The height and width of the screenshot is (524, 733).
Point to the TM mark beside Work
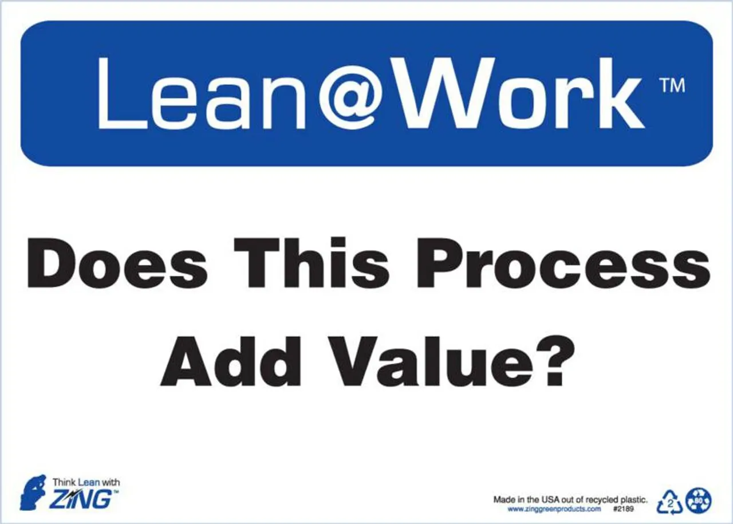tap(673, 86)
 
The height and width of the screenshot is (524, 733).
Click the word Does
tap(117, 265)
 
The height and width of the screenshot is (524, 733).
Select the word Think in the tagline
tap(64, 482)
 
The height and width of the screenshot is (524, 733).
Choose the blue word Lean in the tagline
tap(89, 482)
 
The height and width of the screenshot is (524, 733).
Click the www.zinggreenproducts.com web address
tap(554, 509)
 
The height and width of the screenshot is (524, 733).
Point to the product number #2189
tap(624, 509)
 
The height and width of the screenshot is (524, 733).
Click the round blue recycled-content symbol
tap(699, 499)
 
